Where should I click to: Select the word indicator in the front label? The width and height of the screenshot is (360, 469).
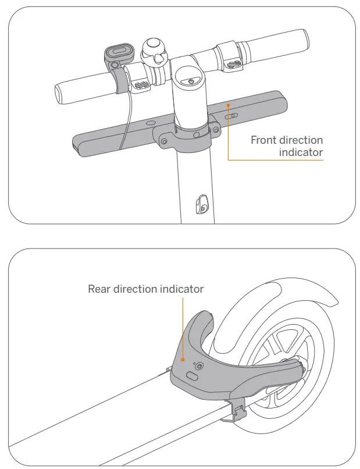point(301,152)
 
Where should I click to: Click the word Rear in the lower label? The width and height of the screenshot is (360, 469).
point(99,289)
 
